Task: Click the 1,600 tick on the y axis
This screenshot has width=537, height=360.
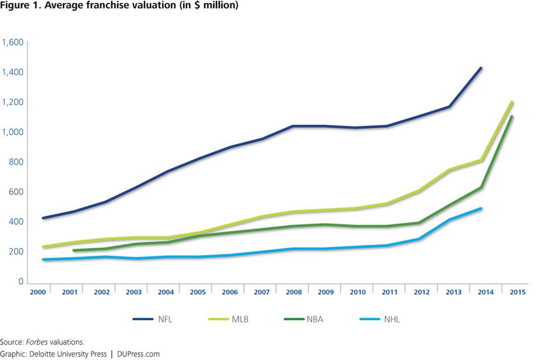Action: (x=12, y=42)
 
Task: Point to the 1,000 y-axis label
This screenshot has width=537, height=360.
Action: (x=12, y=132)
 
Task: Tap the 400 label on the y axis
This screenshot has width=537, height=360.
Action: (x=15, y=221)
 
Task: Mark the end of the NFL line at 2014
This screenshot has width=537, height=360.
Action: (x=481, y=68)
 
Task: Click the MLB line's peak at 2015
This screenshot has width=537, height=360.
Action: (x=512, y=102)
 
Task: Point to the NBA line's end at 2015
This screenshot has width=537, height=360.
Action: (x=512, y=117)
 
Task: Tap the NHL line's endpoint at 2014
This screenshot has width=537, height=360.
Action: (x=481, y=209)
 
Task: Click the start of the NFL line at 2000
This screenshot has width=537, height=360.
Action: (x=43, y=218)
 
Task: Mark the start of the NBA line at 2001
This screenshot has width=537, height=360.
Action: (x=74, y=250)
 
